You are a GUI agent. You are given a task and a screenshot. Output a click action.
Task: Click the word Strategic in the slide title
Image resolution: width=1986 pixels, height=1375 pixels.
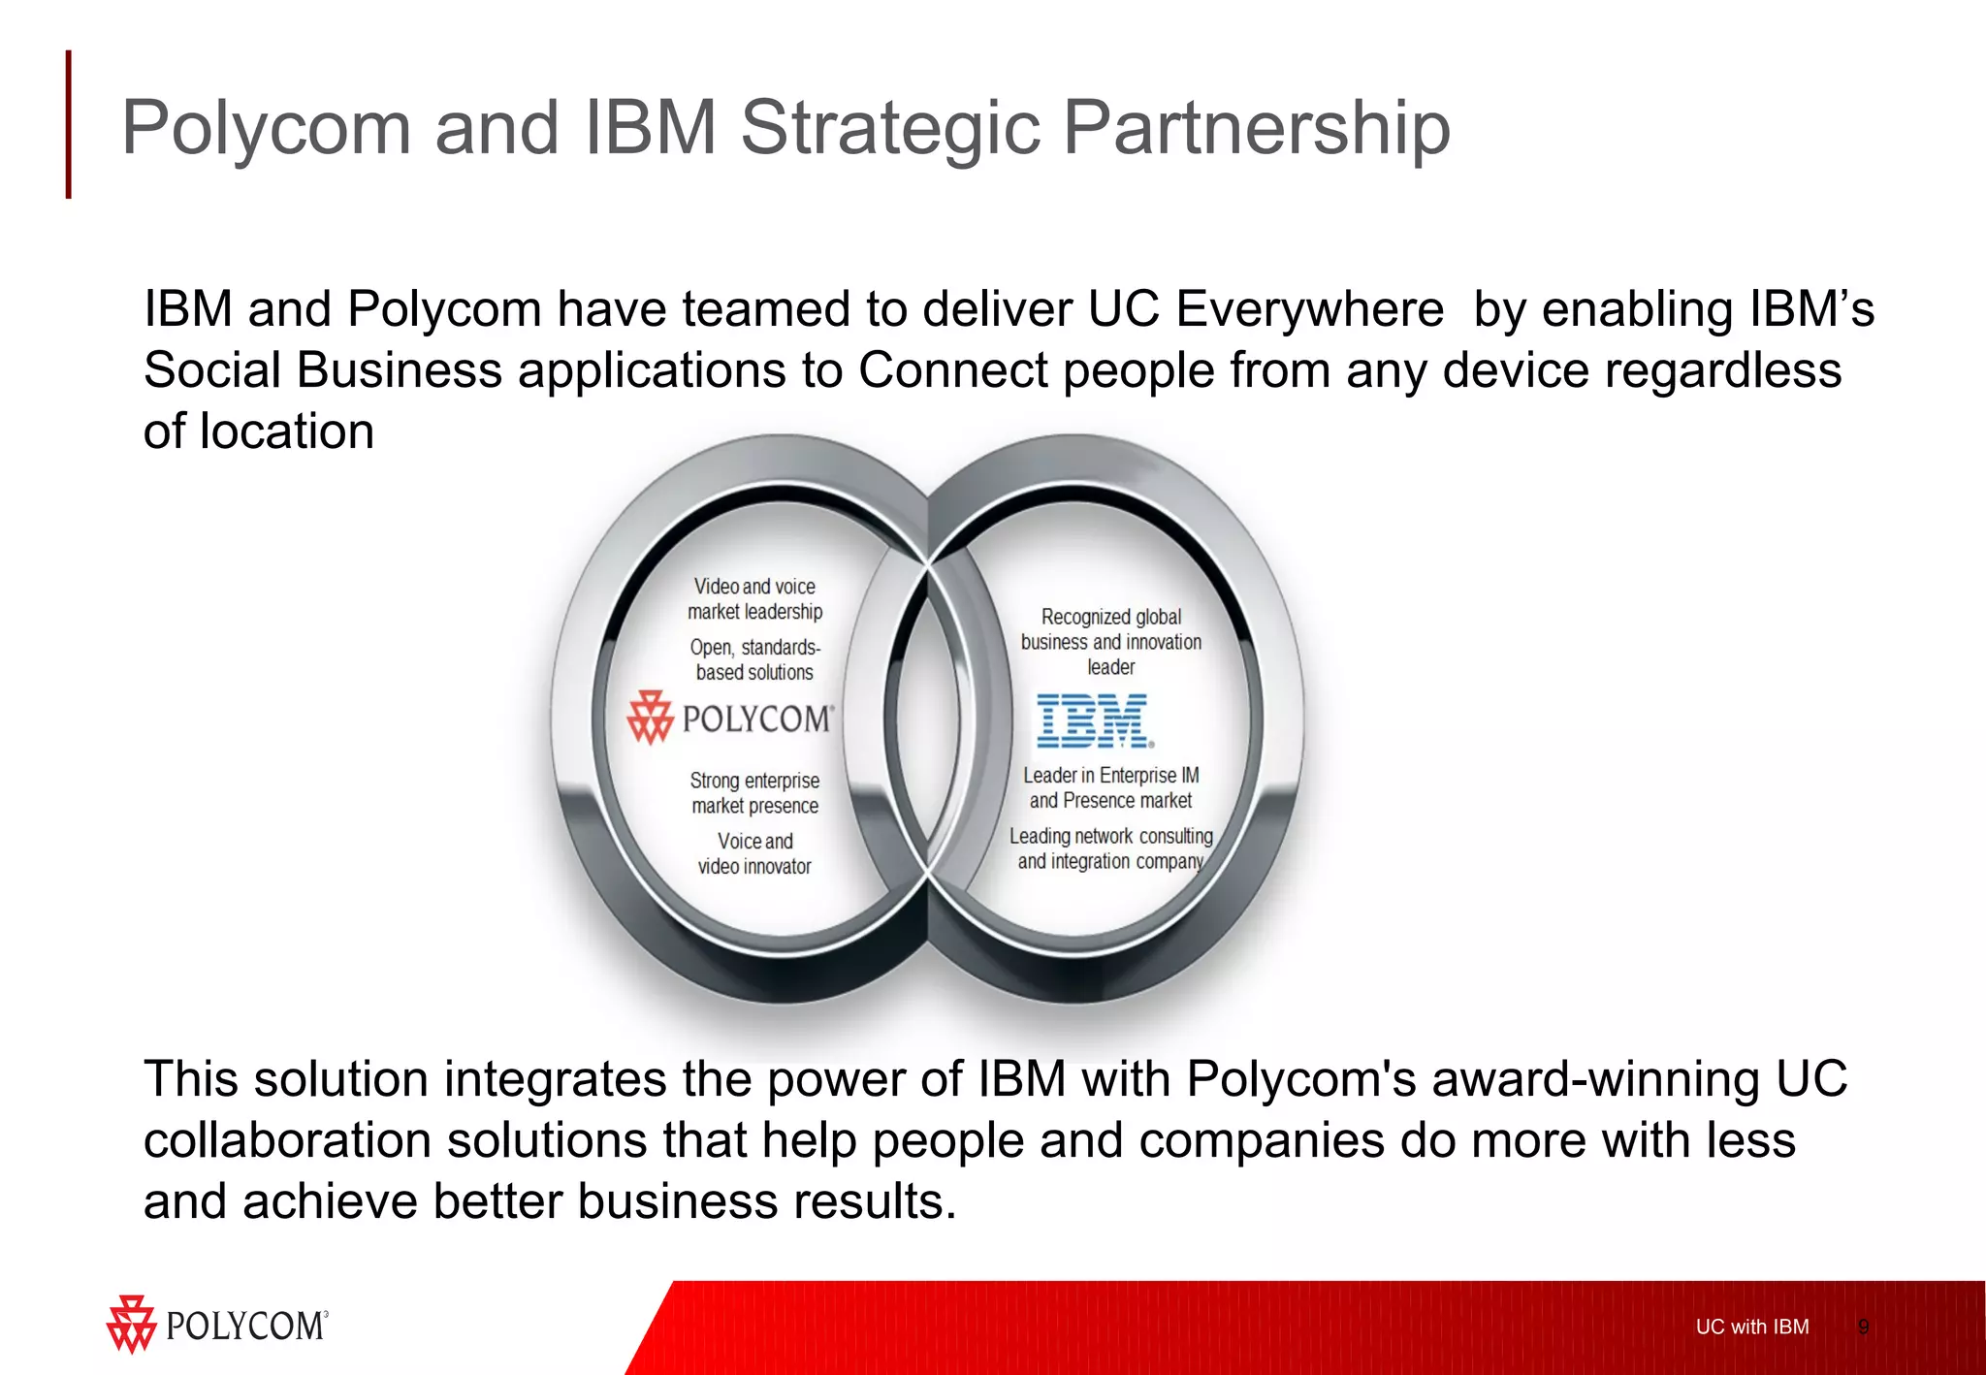click(890, 128)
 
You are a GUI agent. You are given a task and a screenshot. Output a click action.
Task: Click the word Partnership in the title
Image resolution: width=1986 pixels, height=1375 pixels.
click(1257, 128)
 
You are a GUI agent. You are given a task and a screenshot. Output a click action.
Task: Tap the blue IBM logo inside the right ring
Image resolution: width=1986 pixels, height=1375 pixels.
click(1095, 720)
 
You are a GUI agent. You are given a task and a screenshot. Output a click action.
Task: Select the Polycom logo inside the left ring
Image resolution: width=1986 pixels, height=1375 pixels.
click(730, 719)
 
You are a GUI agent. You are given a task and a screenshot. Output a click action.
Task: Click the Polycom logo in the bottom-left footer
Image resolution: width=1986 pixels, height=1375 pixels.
click(217, 1325)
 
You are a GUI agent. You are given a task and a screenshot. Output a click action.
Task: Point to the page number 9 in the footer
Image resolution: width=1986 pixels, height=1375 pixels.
click(1863, 1327)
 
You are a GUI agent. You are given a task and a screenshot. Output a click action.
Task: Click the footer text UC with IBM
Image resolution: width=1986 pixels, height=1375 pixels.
click(1751, 1327)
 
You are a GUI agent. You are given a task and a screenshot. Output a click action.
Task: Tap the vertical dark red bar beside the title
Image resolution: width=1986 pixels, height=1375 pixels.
click(69, 124)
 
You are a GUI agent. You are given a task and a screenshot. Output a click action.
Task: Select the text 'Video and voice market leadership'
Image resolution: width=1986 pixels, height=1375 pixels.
click(754, 599)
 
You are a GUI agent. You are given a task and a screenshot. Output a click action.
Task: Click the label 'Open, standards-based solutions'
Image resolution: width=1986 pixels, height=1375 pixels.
click(754, 659)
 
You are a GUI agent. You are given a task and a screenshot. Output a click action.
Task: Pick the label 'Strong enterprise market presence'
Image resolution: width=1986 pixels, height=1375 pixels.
click(754, 793)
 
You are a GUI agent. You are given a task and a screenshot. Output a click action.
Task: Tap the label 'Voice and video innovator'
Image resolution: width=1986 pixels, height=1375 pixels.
click(754, 853)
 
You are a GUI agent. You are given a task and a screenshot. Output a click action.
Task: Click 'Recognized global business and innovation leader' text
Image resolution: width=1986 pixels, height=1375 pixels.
click(1110, 642)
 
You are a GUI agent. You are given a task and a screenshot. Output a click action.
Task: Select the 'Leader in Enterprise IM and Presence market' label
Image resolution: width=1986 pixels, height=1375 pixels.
click(1110, 787)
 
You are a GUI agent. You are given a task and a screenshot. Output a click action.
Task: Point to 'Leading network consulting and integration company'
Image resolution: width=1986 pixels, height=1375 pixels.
click(1110, 848)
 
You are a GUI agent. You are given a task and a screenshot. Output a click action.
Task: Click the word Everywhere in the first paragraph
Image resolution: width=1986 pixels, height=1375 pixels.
click(1309, 310)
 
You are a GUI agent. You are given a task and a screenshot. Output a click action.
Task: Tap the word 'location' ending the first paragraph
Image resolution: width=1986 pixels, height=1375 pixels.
click(287, 432)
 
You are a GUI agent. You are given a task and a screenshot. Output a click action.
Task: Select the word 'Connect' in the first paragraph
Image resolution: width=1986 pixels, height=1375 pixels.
click(953, 370)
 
